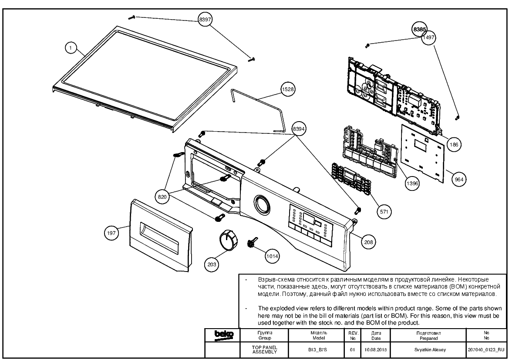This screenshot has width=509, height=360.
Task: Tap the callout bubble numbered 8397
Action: [x=206, y=20]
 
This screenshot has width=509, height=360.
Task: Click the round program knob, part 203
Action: [x=227, y=241]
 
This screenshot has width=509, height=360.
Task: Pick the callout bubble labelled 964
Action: [x=458, y=179]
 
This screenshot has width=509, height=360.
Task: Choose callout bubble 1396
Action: [x=412, y=183]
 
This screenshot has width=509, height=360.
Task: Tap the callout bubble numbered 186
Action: [x=453, y=144]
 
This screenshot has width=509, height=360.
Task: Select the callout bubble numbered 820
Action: [x=162, y=197]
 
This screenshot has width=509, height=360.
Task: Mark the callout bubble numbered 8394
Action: [x=299, y=129]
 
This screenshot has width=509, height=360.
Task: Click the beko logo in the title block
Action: [x=224, y=334]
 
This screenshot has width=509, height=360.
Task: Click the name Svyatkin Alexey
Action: [x=427, y=350]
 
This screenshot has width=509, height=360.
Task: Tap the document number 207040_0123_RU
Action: [x=486, y=350]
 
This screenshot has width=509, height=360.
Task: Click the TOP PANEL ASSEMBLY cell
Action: [x=264, y=349]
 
